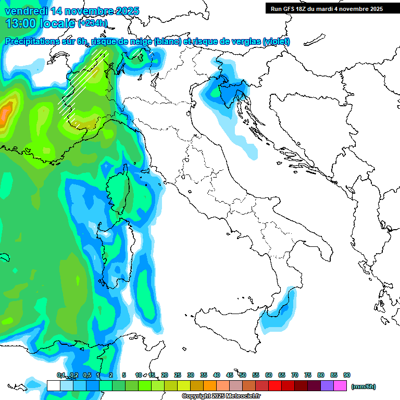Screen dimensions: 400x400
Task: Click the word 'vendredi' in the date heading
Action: tap(26, 11)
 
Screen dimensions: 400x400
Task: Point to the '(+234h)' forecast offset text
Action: tap(93, 23)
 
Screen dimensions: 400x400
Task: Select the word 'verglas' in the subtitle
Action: tap(242, 42)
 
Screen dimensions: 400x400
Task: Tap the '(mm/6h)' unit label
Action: tap(363, 386)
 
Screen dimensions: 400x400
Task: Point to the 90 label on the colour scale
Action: tap(347, 375)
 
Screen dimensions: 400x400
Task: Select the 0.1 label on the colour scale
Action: tap(61, 375)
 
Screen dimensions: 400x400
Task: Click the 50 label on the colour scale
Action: tap(243, 375)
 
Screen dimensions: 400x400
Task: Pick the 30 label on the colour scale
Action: tap(191, 375)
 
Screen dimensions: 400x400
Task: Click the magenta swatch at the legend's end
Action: tap(340, 385)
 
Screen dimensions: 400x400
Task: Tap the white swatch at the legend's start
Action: tap(53, 385)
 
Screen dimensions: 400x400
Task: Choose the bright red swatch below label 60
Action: tap(275, 385)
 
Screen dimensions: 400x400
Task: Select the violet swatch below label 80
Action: tap(327, 385)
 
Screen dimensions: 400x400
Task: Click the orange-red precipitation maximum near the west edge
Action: tap(5, 112)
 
